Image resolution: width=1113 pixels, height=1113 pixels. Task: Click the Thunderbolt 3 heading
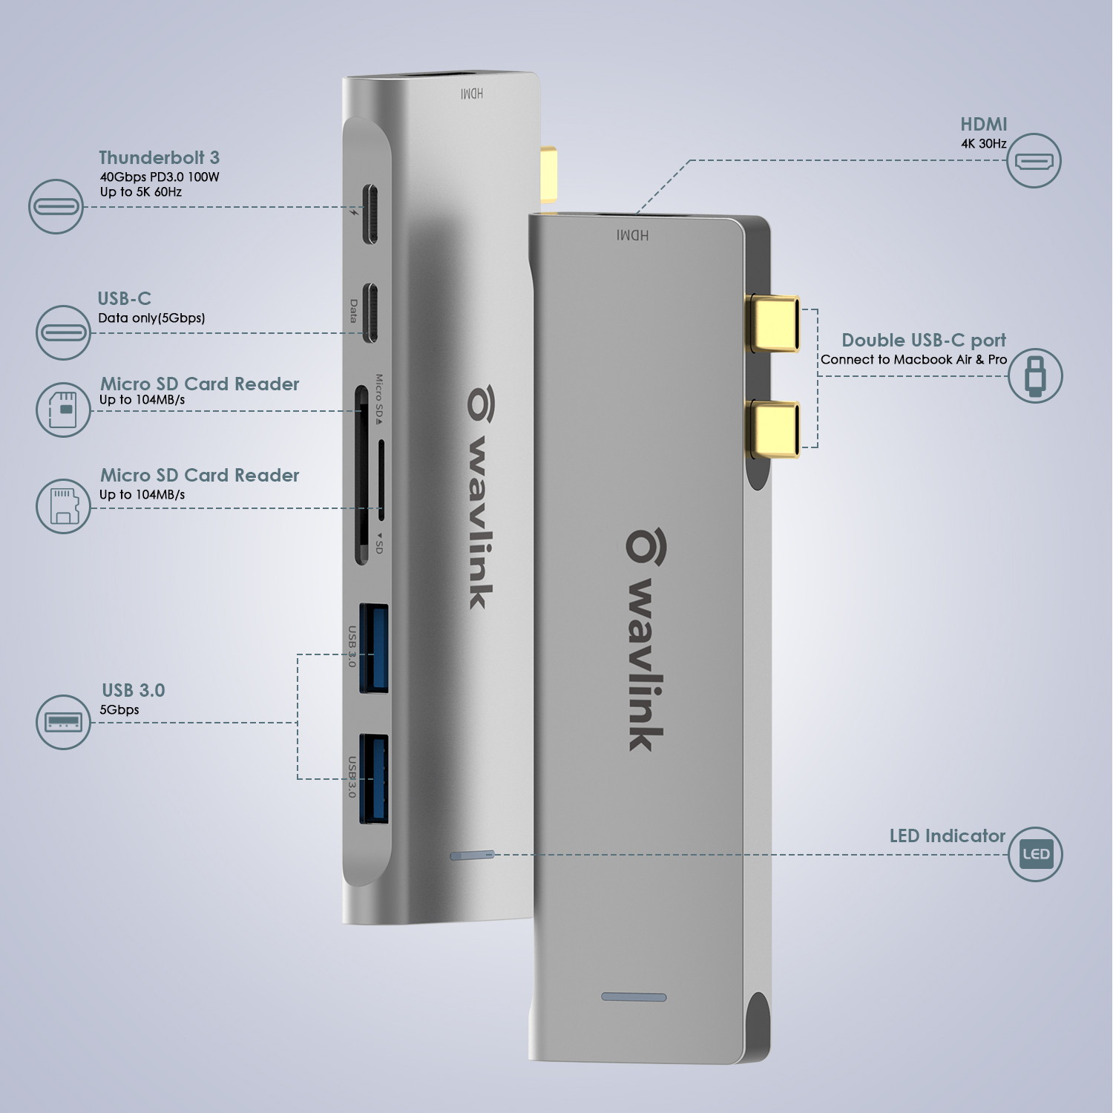(159, 157)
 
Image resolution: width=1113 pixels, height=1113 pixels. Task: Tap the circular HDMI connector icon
(1034, 160)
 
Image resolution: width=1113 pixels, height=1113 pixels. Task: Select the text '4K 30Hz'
(983, 143)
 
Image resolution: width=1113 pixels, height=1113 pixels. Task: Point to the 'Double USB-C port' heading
(923, 340)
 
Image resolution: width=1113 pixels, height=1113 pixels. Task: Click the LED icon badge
(1035, 854)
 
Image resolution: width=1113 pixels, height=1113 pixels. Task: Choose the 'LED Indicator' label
(947, 835)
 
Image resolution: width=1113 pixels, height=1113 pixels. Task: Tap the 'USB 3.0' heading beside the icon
(134, 690)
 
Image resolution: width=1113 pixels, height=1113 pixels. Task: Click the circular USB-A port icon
(63, 722)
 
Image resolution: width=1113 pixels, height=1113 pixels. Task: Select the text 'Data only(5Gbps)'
(151, 318)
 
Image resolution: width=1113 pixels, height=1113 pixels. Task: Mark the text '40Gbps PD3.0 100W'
(160, 177)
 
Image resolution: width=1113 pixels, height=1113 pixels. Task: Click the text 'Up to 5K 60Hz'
(141, 191)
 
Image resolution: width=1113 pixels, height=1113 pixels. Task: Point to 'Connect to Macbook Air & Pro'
(913, 359)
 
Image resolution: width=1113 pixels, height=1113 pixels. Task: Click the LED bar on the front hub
(634, 997)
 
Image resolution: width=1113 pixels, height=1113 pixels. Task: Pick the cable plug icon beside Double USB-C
(1035, 375)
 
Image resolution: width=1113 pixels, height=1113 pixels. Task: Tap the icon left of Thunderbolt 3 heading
(56, 206)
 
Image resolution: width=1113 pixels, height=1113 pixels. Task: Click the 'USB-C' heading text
(124, 298)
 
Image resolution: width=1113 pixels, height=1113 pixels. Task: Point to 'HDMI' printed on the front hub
(632, 235)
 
